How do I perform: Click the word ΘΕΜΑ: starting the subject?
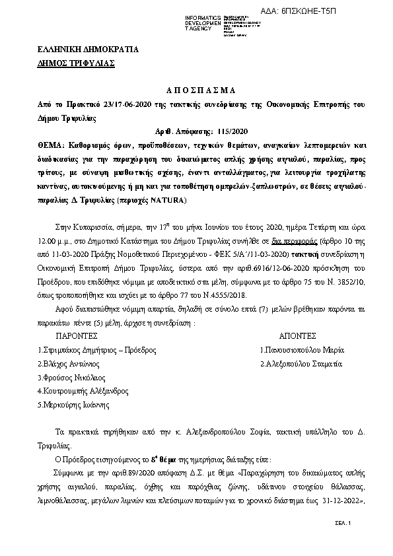point(53,145)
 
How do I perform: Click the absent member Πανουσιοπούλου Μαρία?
point(301,350)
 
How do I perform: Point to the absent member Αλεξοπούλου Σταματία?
point(301,364)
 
